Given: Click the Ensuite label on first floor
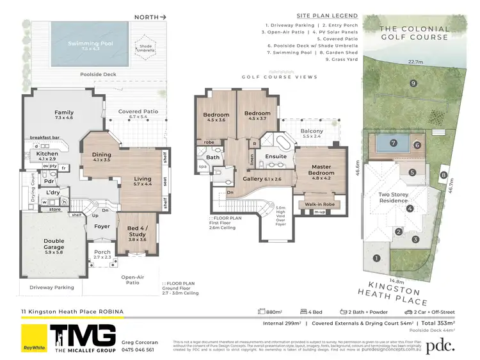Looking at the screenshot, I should [x=276, y=156].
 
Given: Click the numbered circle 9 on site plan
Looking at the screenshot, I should [x=414, y=83].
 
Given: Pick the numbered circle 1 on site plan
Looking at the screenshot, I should [x=376, y=258].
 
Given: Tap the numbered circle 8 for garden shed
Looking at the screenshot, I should [x=443, y=175].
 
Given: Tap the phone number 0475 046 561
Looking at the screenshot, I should [x=138, y=350].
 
